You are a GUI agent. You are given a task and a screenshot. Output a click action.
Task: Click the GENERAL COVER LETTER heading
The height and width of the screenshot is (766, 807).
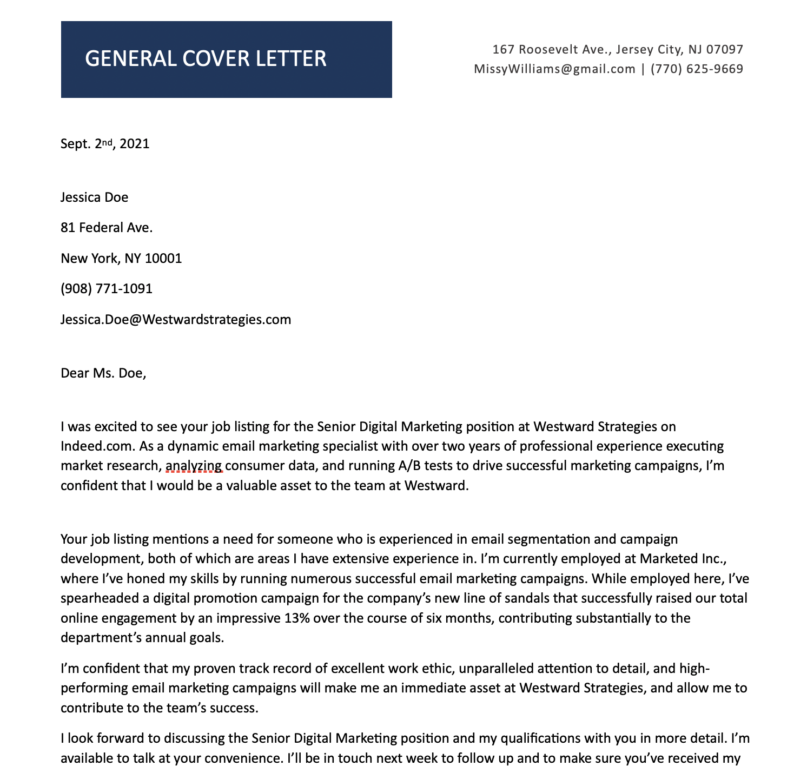(x=206, y=59)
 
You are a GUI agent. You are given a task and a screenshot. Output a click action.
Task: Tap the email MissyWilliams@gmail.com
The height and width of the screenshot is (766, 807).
(x=554, y=69)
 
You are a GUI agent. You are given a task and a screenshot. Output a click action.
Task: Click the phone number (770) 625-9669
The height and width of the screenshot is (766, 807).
(x=697, y=69)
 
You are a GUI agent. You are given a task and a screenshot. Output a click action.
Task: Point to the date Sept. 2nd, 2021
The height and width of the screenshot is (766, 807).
(x=105, y=144)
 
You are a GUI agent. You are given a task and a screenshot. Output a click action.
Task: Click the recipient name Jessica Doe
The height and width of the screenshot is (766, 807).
(x=94, y=197)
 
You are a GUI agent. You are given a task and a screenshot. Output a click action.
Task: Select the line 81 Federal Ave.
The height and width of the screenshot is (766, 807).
(x=107, y=228)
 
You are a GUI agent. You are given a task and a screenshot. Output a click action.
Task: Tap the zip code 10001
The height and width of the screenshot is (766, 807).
(x=163, y=259)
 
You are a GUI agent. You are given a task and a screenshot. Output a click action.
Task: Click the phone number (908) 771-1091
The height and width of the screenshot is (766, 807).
(x=107, y=289)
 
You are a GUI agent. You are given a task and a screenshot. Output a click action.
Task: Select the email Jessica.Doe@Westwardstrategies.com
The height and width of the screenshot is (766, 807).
(x=176, y=320)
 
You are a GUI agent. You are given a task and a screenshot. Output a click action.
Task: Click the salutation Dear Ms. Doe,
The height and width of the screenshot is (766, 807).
(x=103, y=373)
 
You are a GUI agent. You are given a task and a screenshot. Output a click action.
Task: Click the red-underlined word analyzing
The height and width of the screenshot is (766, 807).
(x=194, y=466)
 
